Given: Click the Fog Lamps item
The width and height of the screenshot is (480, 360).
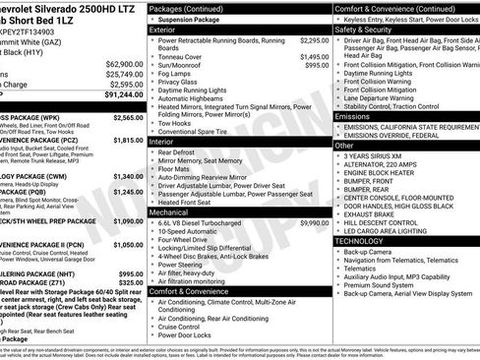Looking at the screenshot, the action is (178, 74).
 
